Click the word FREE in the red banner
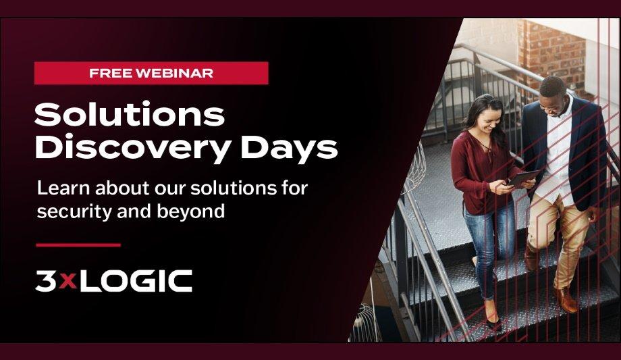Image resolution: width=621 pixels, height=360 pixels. (x=111, y=74)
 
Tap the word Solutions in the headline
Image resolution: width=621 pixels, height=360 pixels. (x=129, y=115)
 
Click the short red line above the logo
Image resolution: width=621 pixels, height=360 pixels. (x=78, y=245)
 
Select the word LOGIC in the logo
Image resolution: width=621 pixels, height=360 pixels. (x=134, y=281)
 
